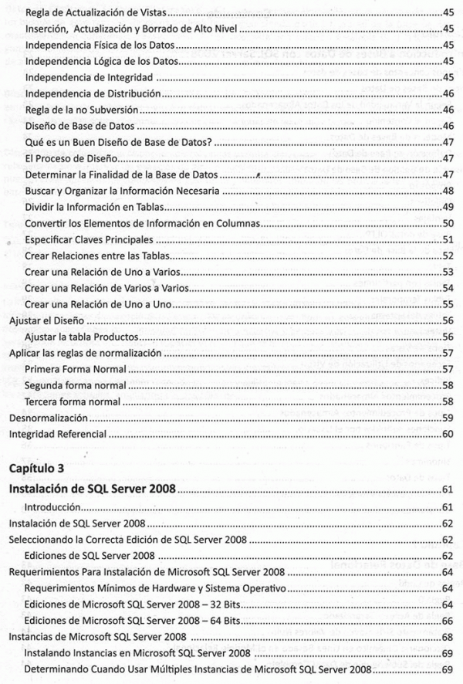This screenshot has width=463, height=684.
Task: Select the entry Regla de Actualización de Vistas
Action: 99,13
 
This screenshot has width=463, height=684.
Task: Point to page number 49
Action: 448,206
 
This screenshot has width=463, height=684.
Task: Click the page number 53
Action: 448,272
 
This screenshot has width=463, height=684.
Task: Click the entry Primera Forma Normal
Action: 75,369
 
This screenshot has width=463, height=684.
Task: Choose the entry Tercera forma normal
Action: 73,401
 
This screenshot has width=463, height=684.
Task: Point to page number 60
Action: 448,434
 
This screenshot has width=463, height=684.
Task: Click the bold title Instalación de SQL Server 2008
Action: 92,489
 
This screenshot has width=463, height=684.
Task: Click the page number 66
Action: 448,621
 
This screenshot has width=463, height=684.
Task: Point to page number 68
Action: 448,637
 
